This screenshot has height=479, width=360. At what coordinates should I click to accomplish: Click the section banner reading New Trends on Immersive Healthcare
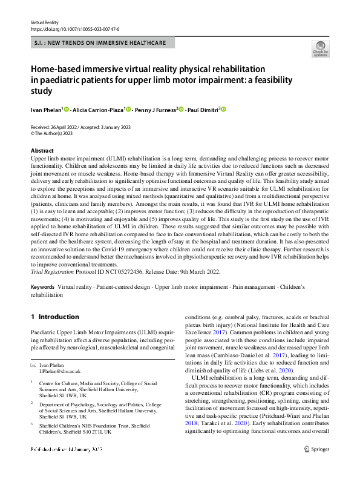[x=102, y=42]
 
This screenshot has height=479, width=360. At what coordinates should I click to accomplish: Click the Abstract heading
[x=42, y=150]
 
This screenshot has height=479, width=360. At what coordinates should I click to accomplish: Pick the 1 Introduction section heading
[x=54, y=317]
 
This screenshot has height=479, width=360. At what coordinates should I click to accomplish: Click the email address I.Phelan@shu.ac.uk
[x=59, y=371]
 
